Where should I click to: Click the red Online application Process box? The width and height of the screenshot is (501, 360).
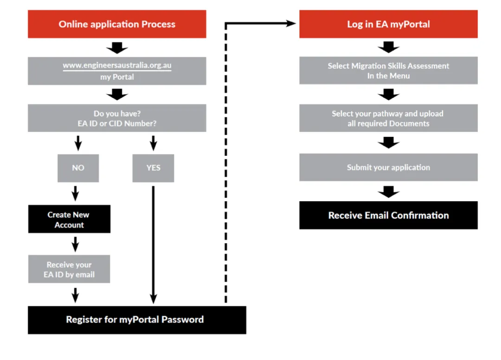(x=117, y=24)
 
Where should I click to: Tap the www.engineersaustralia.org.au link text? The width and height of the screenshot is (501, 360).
(x=117, y=65)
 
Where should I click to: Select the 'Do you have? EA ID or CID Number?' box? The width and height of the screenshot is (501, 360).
(x=117, y=118)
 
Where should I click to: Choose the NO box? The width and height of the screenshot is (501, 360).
(x=78, y=168)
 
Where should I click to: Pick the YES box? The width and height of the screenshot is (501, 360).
(x=154, y=168)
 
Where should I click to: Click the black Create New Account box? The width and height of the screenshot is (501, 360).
(x=69, y=219)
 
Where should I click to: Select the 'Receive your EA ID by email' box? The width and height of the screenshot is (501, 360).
(x=69, y=269)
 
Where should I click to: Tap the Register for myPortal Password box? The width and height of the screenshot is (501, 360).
(x=137, y=320)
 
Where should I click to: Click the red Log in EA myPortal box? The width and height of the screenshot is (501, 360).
(x=389, y=24)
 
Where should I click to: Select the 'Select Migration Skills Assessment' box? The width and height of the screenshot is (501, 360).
(x=389, y=71)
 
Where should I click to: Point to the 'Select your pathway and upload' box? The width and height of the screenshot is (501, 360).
(x=389, y=118)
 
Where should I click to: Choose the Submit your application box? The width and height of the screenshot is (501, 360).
(x=389, y=167)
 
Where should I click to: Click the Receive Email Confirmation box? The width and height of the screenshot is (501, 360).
(x=389, y=215)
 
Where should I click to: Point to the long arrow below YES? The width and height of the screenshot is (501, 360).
(x=154, y=245)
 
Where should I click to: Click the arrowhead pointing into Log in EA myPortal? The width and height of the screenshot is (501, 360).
(x=291, y=23)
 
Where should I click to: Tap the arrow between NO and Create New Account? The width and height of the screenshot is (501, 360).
(x=76, y=193)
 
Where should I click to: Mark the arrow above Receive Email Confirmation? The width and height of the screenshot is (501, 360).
(x=389, y=192)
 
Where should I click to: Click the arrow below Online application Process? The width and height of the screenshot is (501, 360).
(x=117, y=48)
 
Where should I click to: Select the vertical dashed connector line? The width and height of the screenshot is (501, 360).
(x=226, y=163)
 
